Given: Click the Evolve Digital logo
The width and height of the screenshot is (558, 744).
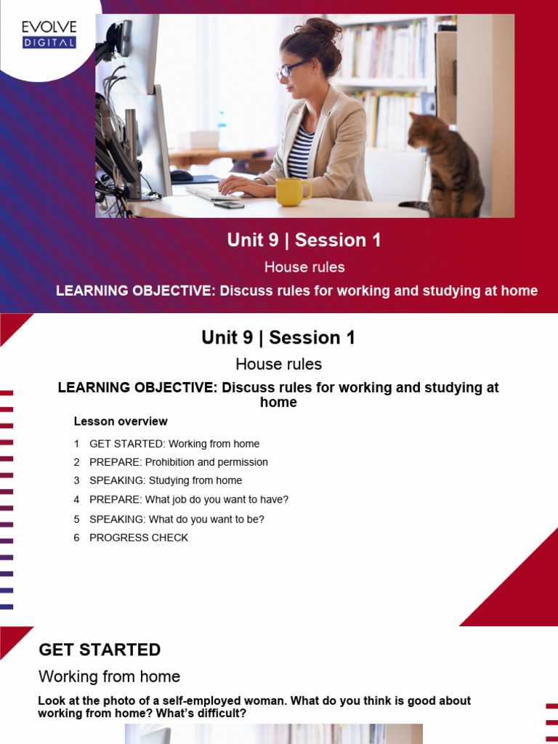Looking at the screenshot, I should pos(49,34).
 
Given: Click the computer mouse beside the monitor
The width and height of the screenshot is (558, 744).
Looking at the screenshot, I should pos(182,175).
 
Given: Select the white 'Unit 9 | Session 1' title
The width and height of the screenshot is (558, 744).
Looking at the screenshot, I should pos(304,240).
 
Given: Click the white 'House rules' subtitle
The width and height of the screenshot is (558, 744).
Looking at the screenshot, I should pos(304,267).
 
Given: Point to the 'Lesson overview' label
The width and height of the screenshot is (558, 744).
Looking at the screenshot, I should pos(121,421).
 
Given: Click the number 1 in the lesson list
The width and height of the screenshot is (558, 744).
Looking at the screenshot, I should pos(76,444).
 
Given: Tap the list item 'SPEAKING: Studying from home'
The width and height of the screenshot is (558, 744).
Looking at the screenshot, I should pos(166,480).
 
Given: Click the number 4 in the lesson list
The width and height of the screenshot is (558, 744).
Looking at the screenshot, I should pos(76,500).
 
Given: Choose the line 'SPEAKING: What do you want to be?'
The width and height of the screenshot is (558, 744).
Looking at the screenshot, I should pos(177,519).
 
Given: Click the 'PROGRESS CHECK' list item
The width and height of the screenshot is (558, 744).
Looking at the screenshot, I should pos(139,538).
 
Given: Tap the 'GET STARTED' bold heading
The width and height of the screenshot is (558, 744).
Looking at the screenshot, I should pos(100,650).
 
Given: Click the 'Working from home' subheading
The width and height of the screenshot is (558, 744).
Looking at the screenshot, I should pos(109,676).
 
